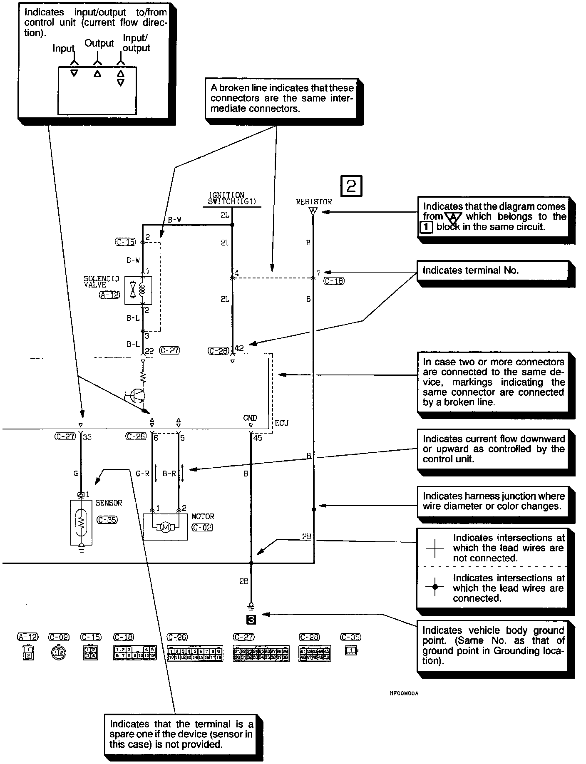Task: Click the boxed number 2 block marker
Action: (x=351, y=186)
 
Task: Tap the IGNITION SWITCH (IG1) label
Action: (x=232, y=198)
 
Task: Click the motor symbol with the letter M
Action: (x=165, y=528)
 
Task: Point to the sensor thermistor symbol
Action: (x=82, y=522)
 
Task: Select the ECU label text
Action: (x=281, y=423)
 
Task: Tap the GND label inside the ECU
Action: (x=250, y=418)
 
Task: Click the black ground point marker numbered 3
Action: (x=251, y=620)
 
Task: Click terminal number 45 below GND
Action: (x=258, y=438)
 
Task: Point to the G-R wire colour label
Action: (x=142, y=474)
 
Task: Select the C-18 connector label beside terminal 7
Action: (x=334, y=281)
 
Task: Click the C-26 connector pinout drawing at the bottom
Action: (x=195, y=653)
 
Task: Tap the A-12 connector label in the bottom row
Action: (x=27, y=637)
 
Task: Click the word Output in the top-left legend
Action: (x=99, y=43)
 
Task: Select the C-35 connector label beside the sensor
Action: (x=107, y=520)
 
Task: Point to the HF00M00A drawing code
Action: (x=404, y=694)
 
